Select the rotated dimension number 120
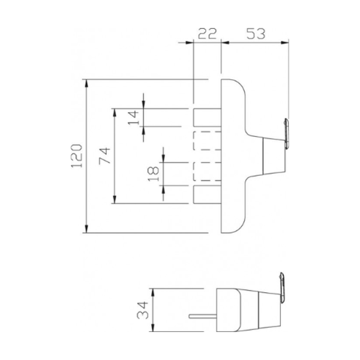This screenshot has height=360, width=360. [x=76, y=156]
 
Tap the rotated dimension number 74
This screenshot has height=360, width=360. [x=103, y=156]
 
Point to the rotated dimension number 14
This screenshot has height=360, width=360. [x=134, y=118]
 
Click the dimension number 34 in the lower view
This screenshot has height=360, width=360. [x=142, y=311]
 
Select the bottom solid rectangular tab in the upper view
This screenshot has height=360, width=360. [x=208, y=196]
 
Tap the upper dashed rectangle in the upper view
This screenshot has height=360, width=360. [x=208, y=143]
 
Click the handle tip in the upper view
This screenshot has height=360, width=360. [x=286, y=133]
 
